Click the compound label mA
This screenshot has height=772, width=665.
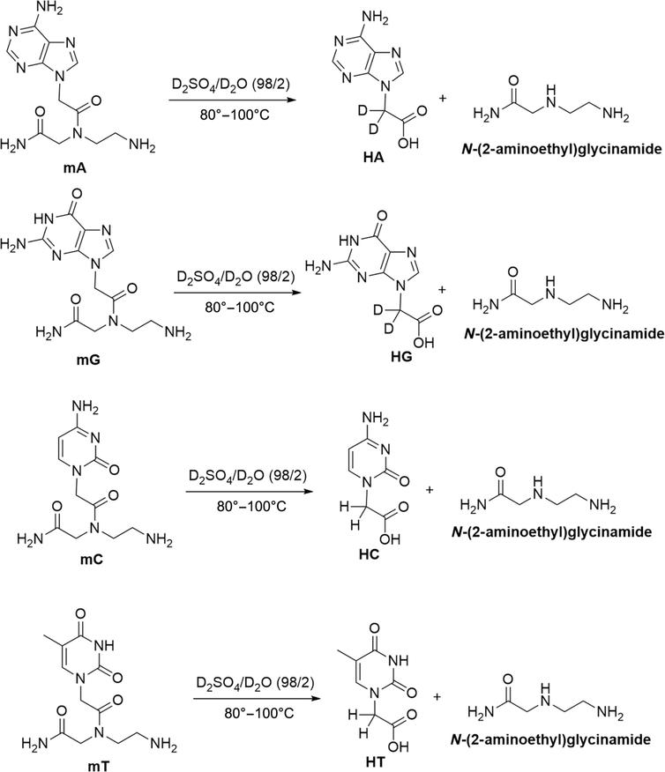pos(74,168)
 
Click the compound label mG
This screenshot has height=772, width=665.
pos(88,360)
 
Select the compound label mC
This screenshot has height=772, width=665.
pos(92,560)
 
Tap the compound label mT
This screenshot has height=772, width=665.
pos(99,766)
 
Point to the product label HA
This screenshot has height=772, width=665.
pos(373,157)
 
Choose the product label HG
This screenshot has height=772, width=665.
pos(401,356)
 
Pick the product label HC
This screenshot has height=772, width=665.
pos(369,554)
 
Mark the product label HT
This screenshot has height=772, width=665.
pos(376,762)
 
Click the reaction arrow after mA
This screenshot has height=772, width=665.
pos(233,100)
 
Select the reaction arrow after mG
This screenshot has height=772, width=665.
pos(237,293)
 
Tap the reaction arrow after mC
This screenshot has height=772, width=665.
pos(250,492)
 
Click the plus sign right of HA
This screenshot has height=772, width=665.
pos(443,99)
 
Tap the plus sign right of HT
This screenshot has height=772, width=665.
pos(437,697)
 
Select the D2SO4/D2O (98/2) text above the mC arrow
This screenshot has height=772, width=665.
pos(248,476)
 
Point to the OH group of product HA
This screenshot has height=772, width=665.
pos(407,143)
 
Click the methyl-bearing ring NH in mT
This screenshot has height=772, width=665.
pos(103,645)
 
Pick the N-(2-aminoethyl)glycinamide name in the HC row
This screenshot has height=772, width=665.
pos(551,531)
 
